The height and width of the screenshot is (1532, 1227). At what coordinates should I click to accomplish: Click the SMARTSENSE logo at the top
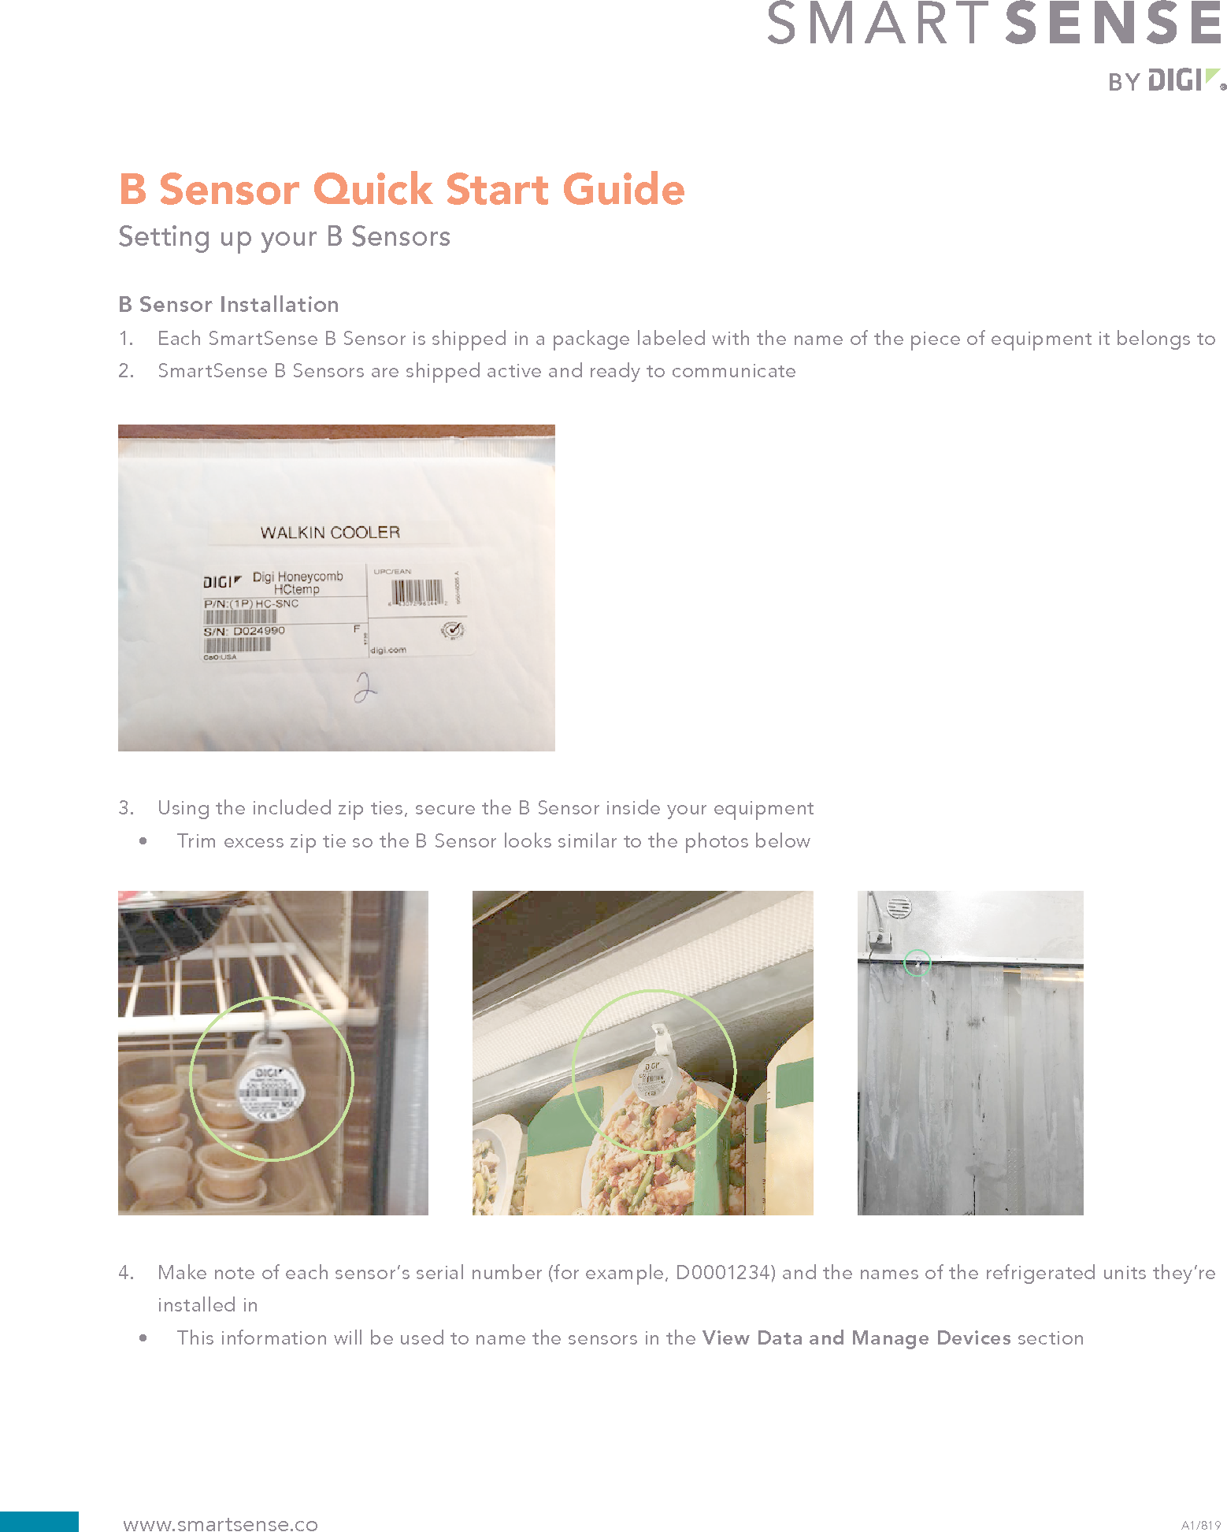coord(994,24)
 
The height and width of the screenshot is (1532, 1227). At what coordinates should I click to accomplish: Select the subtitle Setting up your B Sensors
coord(284,236)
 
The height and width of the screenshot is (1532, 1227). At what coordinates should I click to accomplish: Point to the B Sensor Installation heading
coord(228,305)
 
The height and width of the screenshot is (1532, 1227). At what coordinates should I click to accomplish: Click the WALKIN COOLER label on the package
coord(330,532)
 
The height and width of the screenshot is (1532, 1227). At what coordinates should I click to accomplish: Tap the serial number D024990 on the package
coord(259,631)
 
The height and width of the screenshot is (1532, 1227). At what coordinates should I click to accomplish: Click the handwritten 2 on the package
coord(365,687)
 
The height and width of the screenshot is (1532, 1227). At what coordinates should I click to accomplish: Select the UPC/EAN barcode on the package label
coord(417,591)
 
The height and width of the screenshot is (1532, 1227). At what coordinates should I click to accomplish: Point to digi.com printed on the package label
coord(388,650)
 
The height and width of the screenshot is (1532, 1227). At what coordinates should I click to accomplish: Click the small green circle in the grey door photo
coord(917,963)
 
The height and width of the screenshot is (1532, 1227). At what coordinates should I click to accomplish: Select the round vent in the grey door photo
coord(899,907)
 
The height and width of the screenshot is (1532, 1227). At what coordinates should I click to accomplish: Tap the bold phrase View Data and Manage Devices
coord(856,1338)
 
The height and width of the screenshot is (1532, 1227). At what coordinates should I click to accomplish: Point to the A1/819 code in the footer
coord(1200,1525)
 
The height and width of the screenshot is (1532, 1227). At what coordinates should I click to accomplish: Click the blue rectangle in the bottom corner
coord(39,1521)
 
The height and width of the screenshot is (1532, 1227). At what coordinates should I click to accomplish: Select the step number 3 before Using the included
coord(125,808)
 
